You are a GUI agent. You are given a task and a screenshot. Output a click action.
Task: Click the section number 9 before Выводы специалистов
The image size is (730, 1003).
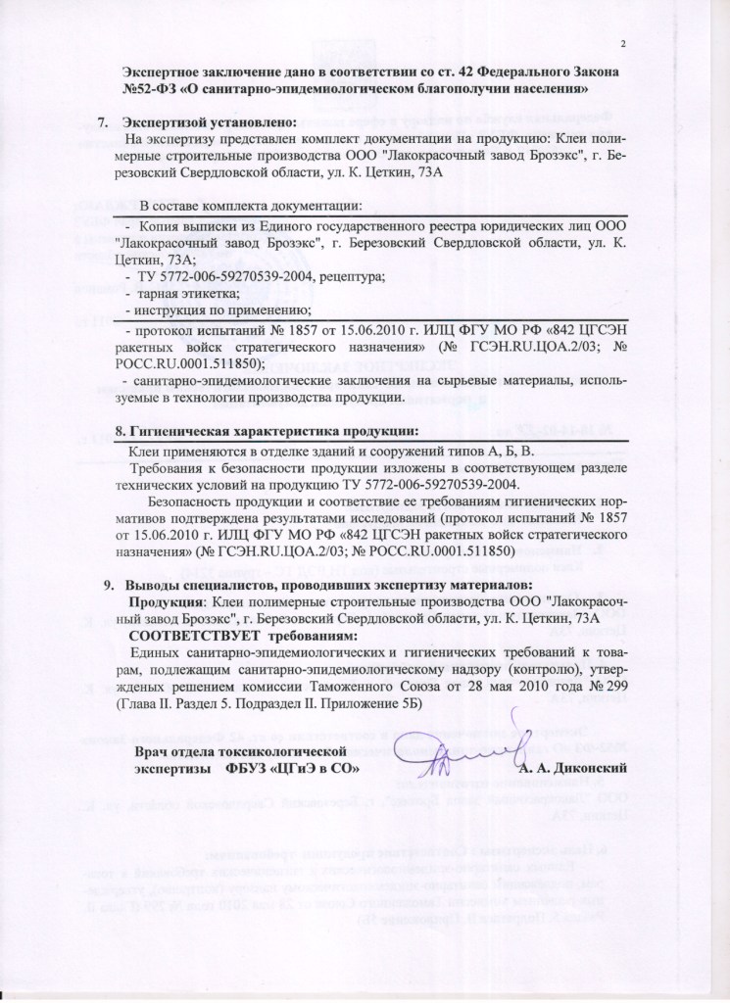pos(110,585)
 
